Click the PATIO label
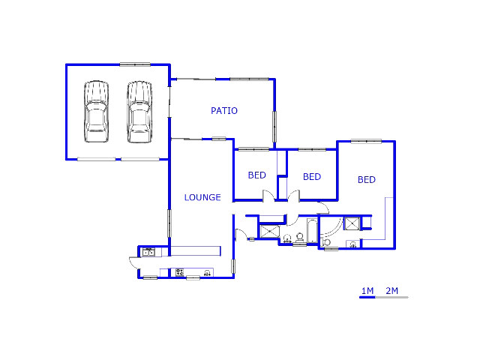(224, 110)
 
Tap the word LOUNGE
(202, 197)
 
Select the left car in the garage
(96, 112)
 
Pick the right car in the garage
(139, 112)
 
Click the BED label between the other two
(312, 177)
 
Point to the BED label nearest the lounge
(256, 175)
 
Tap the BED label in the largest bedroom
(367, 179)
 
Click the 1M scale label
(367, 290)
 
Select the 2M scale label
(391, 290)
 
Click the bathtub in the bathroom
(312, 230)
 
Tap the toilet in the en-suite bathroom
(325, 242)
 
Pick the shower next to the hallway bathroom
(270, 231)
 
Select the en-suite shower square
(352, 223)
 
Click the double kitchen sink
(149, 252)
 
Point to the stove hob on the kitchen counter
(179, 272)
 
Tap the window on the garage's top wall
(135, 64)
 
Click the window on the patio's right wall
(274, 127)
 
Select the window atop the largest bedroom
(366, 141)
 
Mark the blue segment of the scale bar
(367, 297)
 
